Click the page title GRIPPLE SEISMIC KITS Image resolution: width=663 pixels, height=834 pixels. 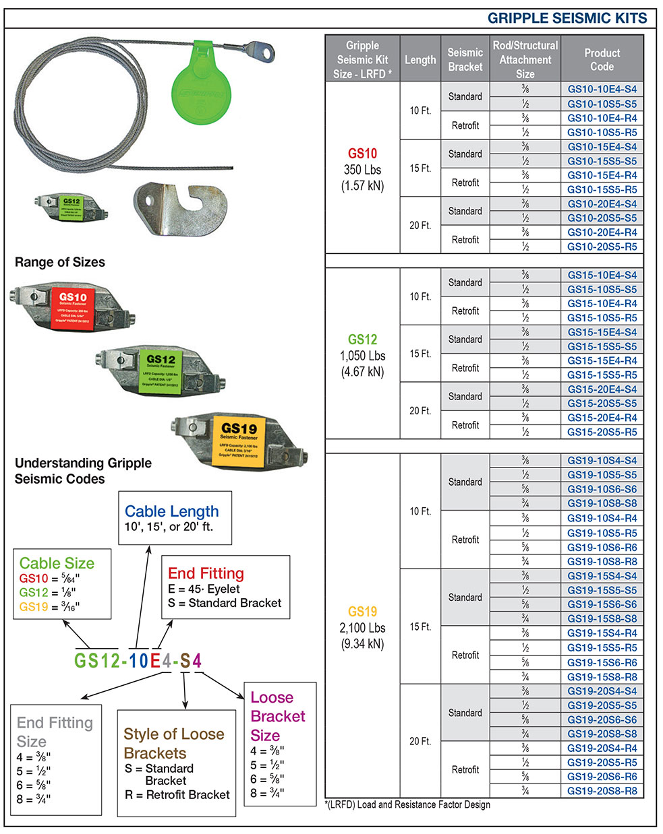click(567, 18)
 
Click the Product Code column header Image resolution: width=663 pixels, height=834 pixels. click(602, 59)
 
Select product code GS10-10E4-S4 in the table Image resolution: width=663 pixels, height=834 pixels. click(602, 89)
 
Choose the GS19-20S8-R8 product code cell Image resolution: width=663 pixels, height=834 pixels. click(602, 791)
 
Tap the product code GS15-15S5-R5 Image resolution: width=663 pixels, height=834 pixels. click(602, 375)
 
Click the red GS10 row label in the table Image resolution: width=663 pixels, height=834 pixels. click(362, 154)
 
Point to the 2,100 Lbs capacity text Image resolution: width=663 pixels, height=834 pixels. click(362, 628)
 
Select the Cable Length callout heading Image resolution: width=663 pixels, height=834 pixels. click(172, 511)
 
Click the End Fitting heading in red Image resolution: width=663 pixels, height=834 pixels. click(206, 573)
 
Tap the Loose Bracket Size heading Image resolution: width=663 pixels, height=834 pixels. click(277, 716)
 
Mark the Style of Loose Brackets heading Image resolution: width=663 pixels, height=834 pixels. click(173, 743)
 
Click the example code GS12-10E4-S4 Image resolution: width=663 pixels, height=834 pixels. click(138, 661)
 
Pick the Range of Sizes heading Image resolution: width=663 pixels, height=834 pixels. click(60, 262)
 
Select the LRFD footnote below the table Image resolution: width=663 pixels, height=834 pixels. click(407, 804)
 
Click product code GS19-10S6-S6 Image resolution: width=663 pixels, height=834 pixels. click(602, 489)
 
